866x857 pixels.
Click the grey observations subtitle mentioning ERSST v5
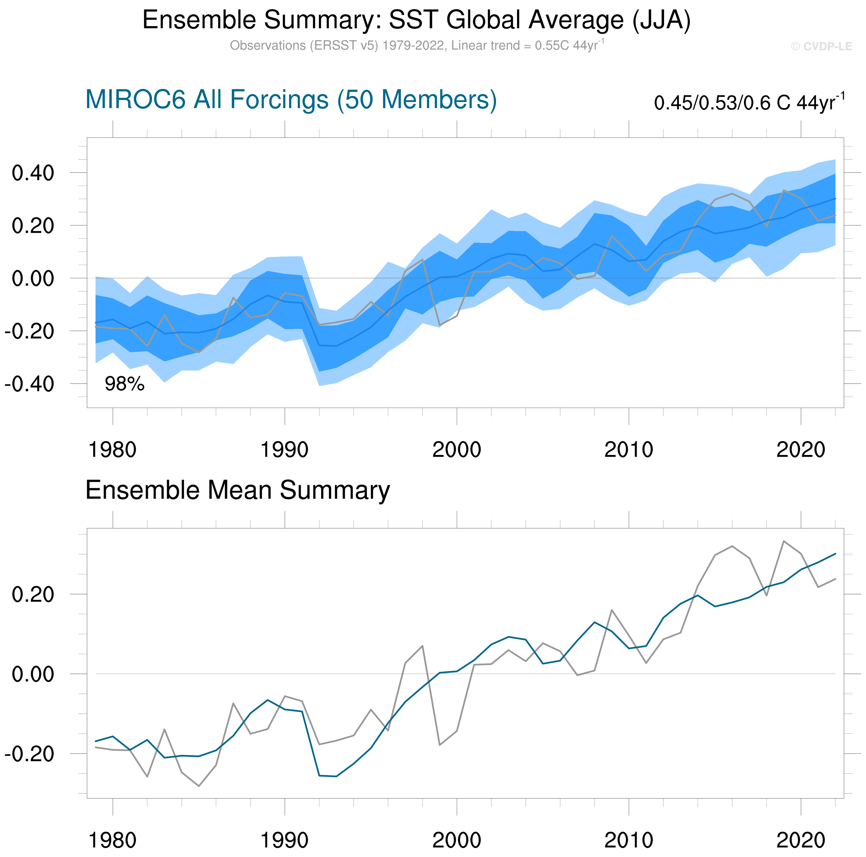click(417, 46)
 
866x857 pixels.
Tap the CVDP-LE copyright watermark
click(821, 47)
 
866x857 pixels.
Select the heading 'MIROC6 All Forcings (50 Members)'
click(291, 100)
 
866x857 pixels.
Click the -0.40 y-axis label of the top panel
click(30, 384)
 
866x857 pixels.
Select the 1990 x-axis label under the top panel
click(284, 450)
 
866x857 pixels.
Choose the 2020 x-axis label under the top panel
click(800, 450)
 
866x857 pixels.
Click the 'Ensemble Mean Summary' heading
click(238, 490)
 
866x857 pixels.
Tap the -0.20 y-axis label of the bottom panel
click(30, 754)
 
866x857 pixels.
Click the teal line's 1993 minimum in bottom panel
click(336, 776)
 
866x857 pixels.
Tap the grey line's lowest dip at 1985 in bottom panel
click(199, 786)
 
